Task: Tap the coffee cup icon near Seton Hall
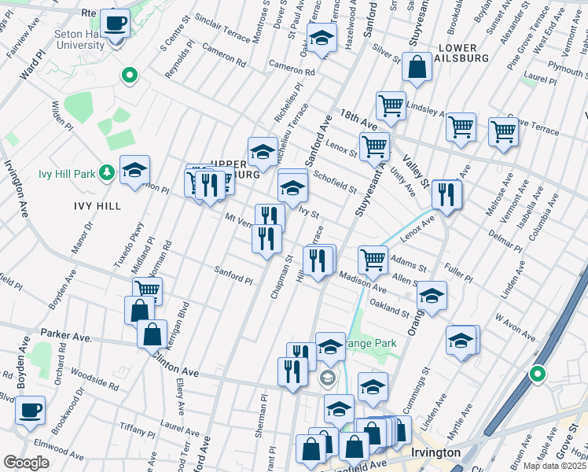116,24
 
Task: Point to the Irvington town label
435,453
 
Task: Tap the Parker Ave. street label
67,335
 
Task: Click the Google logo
27,463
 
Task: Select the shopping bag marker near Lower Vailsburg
417,69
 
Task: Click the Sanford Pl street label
233,275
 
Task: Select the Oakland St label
390,309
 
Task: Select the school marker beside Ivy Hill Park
134,170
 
